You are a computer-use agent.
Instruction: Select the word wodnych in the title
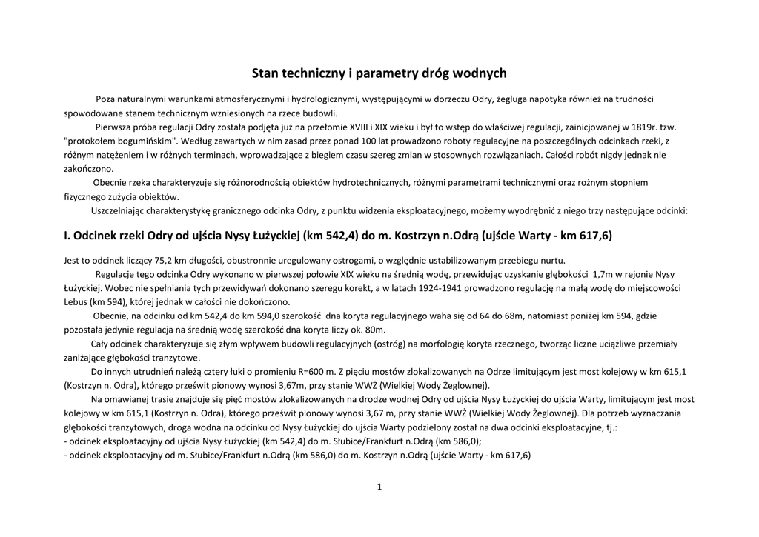pyautogui.click(x=480, y=73)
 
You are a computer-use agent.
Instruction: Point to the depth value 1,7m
pyautogui.click(x=604, y=273)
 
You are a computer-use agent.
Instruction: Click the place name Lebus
pyautogui.click(x=77, y=301)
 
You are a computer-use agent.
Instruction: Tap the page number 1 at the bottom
pyautogui.click(x=379, y=487)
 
